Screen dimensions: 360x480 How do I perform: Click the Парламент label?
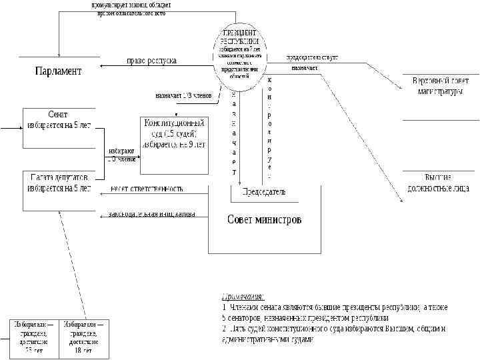[58, 71]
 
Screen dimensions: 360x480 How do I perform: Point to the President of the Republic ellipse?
[239, 58]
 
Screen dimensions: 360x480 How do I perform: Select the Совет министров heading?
[264, 219]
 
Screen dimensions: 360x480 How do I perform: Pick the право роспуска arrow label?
[152, 61]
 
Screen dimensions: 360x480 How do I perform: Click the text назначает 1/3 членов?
[183, 95]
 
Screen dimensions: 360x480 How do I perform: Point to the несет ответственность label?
[147, 189]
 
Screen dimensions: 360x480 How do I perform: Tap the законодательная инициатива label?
[152, 214]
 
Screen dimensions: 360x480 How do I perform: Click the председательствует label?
[312, 57]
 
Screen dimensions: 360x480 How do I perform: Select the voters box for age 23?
[32, 337]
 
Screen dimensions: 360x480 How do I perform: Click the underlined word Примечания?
[243, 296]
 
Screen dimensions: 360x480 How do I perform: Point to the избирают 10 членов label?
[121, 155]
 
